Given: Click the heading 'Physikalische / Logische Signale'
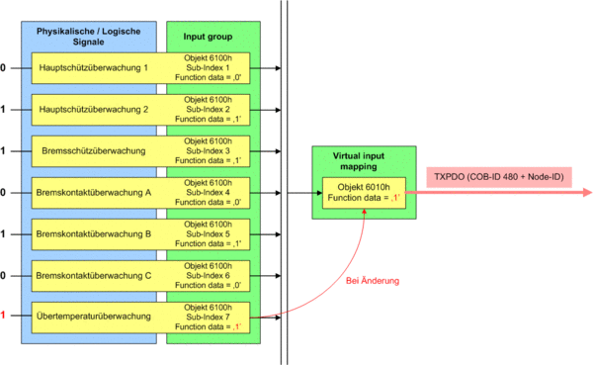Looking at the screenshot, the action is point(89,37).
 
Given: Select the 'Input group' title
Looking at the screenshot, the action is point(208,37).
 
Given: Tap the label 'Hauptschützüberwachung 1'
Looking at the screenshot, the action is point(94,68).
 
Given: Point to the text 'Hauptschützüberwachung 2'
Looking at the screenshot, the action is point(94,110).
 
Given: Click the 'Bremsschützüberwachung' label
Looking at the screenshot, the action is point(94,151).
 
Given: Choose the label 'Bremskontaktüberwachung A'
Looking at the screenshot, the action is point(94,193).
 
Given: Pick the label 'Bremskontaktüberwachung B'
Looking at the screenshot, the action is point(94,234).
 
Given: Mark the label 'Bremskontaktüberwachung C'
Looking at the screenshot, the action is point(94,276).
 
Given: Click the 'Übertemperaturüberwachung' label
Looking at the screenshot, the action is point(94,317).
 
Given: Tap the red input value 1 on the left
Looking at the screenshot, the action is point(3,315).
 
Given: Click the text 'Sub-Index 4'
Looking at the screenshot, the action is point(208,192).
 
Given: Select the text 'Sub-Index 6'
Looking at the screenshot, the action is point(208,276).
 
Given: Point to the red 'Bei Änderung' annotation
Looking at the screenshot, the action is point(373,281).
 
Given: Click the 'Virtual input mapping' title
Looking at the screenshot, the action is point(359,161).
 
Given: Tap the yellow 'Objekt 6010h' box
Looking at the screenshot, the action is point(364,193).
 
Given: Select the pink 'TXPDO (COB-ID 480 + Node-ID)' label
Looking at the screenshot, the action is point(499,177).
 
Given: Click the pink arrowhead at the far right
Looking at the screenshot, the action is point(587,192).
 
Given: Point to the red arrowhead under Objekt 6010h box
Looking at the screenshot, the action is point(364,212).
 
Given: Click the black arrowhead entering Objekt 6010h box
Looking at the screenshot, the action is point(319,193).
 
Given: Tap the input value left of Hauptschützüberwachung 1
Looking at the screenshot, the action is point(3,68).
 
